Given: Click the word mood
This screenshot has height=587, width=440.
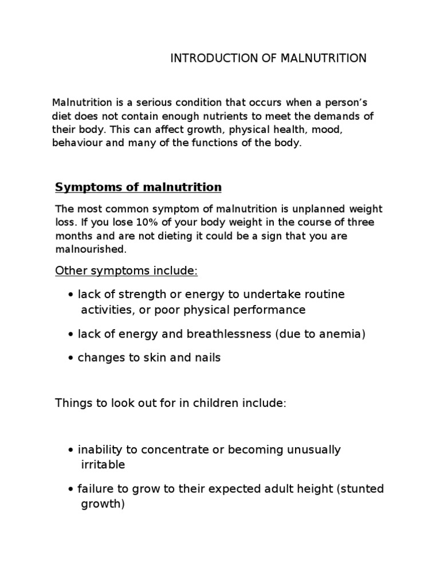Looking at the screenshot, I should click(x=328, y=130).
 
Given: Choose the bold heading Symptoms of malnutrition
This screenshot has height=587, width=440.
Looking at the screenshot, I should click(x=138, y=187).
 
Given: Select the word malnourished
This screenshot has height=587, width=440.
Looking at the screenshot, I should click(x=89, y=250).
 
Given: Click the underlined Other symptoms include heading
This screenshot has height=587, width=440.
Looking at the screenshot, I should click(x=126, y=271).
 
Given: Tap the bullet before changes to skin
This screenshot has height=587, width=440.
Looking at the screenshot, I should click(x=70, y=358).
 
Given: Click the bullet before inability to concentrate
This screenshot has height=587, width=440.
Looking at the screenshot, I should click(x=70, y=450).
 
